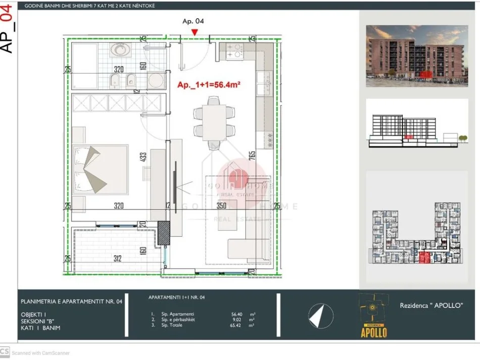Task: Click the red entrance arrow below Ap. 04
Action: pos(195,33)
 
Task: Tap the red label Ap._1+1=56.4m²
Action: pos(208,85)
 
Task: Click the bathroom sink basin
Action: pos(120,49)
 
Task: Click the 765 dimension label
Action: pos(251,158)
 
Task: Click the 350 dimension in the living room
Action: pos(221,206)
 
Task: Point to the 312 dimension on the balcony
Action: pos(117,259)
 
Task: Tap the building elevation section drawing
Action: pos(417,130)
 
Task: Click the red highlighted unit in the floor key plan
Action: pos(424,258)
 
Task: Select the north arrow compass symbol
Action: pos(317,316)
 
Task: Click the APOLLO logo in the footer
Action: pos(373,316)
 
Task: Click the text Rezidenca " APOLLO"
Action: pos(431,305)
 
